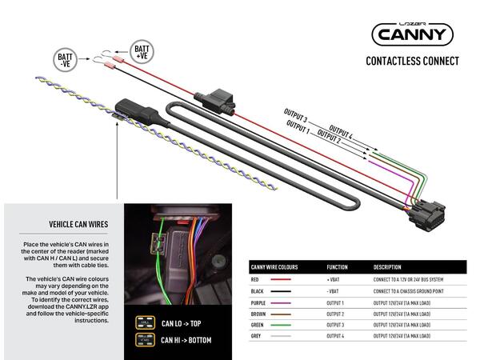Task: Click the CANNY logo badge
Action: (x=412, y=34)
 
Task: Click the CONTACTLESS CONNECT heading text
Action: (x=412, y=61)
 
